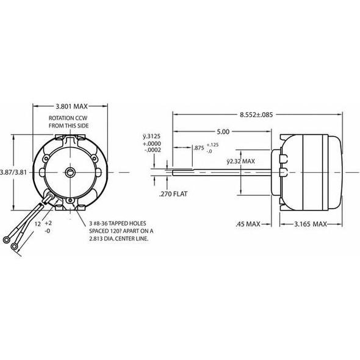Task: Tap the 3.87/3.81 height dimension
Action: click(13, 172)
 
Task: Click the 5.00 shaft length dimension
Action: click(223, 132)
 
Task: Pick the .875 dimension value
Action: click(198, 148)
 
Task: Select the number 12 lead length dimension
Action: click(37, 225)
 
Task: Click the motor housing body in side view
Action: click(308, 172)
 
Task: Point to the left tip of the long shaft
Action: click(174, 172)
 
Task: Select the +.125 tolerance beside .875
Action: click(213, 145)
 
